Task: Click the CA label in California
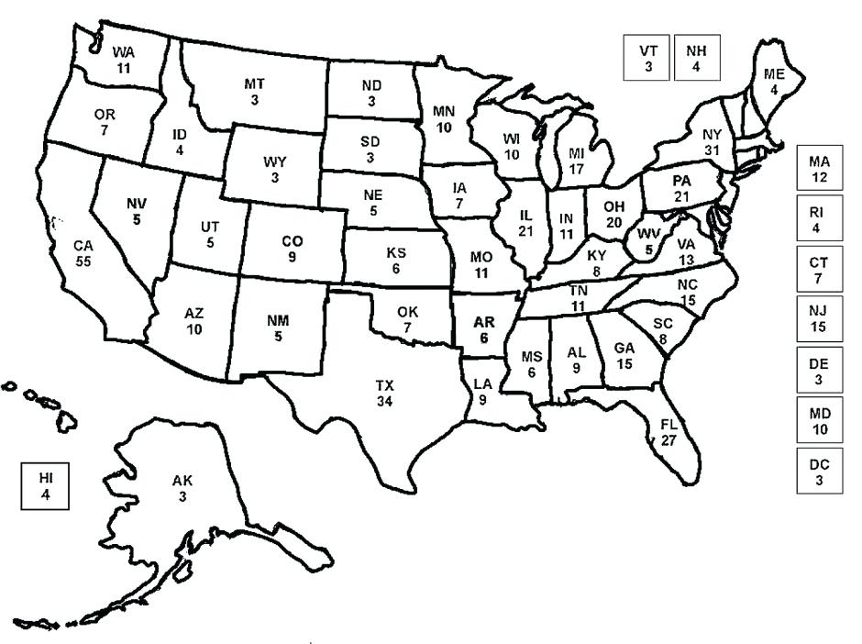[x=84, y=246]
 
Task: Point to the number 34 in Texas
[x=384, y=402]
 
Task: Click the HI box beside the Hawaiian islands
[x=46, y=485]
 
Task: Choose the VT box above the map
[x=647, y=58]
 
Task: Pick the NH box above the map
[x=696, y=58]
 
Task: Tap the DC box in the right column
[x=819, y=472]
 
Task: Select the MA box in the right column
[x=819, y=169]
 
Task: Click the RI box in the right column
[x=819, y=219]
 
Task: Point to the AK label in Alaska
[x=182, y=481]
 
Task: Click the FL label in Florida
[x=668, y=425]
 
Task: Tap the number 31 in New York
[x=713, y=149]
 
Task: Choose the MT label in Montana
[x=254, y=84]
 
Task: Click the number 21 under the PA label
[x=681, y=195]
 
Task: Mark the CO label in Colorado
[x=292, y=241]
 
